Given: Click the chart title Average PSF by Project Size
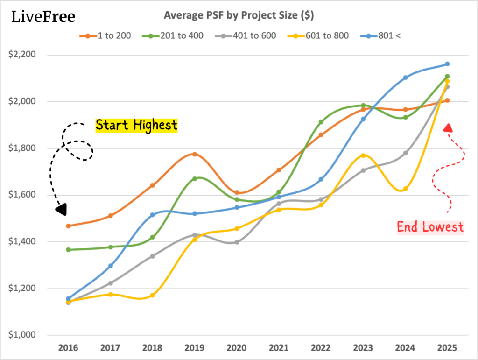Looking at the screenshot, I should click(x=239, y=15).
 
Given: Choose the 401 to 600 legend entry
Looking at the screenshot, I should click(x=251, y=35).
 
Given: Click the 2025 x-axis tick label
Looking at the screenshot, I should click(x=447, y=348).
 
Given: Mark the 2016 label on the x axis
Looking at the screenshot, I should click(x=68, y=348).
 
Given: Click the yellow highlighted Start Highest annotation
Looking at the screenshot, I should click(x=136, y=125).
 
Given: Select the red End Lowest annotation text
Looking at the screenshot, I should click(x=430, y=227).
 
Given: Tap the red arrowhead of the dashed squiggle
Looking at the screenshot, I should click(x=448, y=127).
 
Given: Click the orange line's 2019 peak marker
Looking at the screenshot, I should click(x=195, y=154).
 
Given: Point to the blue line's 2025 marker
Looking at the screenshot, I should click(x=447, y=64).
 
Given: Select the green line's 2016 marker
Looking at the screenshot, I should click(x=68, y=250).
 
